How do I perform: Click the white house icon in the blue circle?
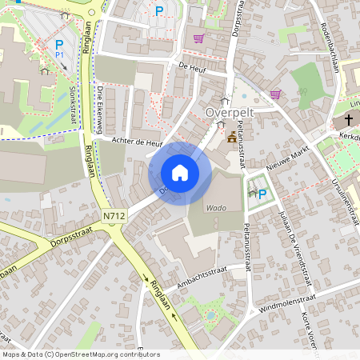click(x=180, y=173)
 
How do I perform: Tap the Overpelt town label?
click(x=230, y=113)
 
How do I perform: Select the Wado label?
click(x=216, y=207)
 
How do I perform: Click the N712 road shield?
click(x=114, y=215)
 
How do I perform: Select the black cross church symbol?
click(x=349, y=121)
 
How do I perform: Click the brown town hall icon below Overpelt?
click(x=232, y=136)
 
